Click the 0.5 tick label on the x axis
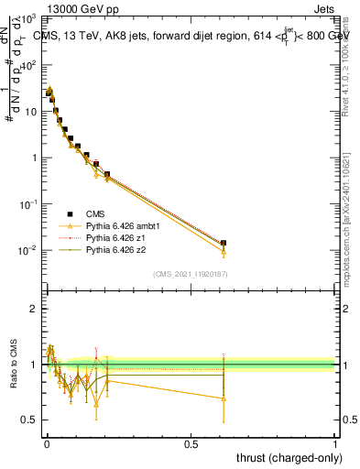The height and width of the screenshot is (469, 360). [x=191, y=444]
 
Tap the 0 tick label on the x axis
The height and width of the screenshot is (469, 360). [x=46, y=444]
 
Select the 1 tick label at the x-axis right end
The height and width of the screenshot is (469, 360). [x=336, y=444]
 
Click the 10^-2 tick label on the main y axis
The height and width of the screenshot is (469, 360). [x=27, y=250]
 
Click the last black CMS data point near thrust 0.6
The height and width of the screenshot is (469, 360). [x=224, y=244]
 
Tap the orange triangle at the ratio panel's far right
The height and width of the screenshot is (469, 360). [x=224, y=398]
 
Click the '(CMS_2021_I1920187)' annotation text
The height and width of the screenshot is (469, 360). [x=190, y=275]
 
